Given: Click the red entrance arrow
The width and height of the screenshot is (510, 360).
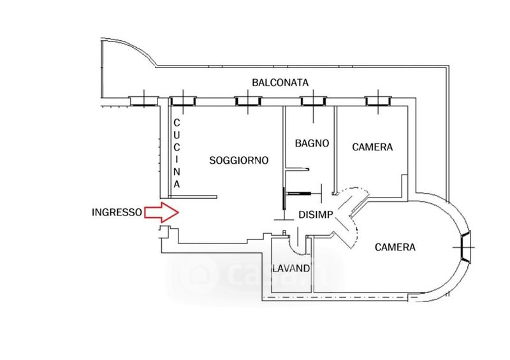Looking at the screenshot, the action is [x=161, y=212].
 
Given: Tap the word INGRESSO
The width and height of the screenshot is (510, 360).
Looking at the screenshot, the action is [x=117, y=212].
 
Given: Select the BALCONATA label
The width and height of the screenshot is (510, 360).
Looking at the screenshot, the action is [x=280, y=83].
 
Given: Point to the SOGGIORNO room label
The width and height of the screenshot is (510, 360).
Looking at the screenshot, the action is [x=238, y=161].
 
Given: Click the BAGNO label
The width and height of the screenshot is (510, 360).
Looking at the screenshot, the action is [x=312, y=143].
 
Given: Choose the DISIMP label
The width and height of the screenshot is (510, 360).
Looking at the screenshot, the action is [x=316, y=215].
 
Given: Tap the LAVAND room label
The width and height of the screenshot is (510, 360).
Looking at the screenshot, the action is [x=291, y=269].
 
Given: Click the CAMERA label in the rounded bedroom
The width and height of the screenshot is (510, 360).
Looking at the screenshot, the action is [x=395, y=247].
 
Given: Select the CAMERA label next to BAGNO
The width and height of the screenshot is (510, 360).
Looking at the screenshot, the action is [x=372, y=147].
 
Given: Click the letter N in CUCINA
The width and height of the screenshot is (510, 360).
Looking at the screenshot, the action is [x=177, y=172].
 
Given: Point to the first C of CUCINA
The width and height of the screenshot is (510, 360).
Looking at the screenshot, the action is [x=177, y=123].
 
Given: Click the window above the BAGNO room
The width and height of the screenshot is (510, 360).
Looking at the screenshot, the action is [x=313, y=101].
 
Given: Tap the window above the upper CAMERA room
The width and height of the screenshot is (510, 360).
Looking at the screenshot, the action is [x=378, y=101].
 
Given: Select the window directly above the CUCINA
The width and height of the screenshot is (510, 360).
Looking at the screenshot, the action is [x=183, y=101].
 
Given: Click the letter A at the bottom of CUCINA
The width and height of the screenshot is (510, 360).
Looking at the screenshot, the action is [x=177, y=184].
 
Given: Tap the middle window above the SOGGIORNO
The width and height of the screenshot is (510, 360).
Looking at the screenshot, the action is [x=248, y=101].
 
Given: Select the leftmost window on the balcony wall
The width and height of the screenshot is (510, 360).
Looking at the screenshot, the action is [x=144, y=101].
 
